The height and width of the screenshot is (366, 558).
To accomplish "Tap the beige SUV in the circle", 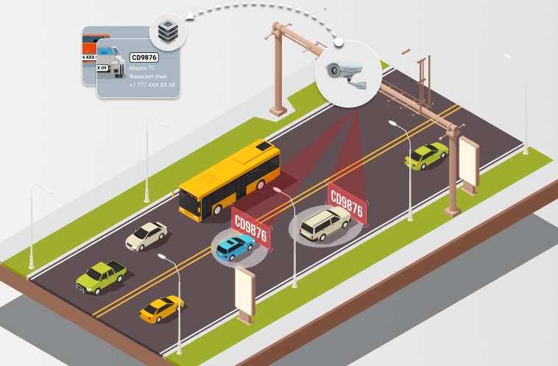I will (x=325, y=223).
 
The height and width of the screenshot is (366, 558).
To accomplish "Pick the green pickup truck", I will (x=101, y=276).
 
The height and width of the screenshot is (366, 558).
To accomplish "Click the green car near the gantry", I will (x=426, y=155).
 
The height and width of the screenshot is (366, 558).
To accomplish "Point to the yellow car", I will (x=161, y=309).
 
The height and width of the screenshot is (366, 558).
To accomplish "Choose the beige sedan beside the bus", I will (x=146, y=236).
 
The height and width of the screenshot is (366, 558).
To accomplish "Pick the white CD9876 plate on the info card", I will (x=144, y=57).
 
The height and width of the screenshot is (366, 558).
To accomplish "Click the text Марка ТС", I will (x=143, y=68).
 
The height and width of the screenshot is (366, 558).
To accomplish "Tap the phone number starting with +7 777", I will (x=152, y=85).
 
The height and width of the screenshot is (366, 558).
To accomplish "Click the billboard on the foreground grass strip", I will (x=246, y=292).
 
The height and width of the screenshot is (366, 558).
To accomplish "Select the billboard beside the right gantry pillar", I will (x=468, y=163).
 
